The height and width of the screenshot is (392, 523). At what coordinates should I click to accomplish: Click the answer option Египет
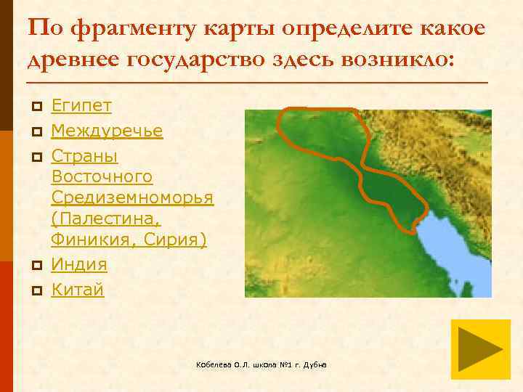click(x=81, y=106)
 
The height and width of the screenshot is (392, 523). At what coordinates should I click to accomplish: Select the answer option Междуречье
click(x=107, y=131)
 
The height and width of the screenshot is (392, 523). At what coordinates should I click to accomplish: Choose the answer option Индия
click(x=79, y=264)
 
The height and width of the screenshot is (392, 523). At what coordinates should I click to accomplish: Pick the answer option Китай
click(x=78, y=290)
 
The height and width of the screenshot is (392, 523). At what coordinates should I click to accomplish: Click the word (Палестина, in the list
click(x=105, y=219)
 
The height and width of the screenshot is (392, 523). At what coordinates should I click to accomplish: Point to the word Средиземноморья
click(x=132, y=197)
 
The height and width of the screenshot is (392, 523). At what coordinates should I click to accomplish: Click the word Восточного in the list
click(x=102, y=176)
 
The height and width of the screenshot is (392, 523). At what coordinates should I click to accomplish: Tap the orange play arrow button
click(x=480, y=348)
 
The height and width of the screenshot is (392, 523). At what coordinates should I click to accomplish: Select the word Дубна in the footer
click(x=315, y=364)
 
